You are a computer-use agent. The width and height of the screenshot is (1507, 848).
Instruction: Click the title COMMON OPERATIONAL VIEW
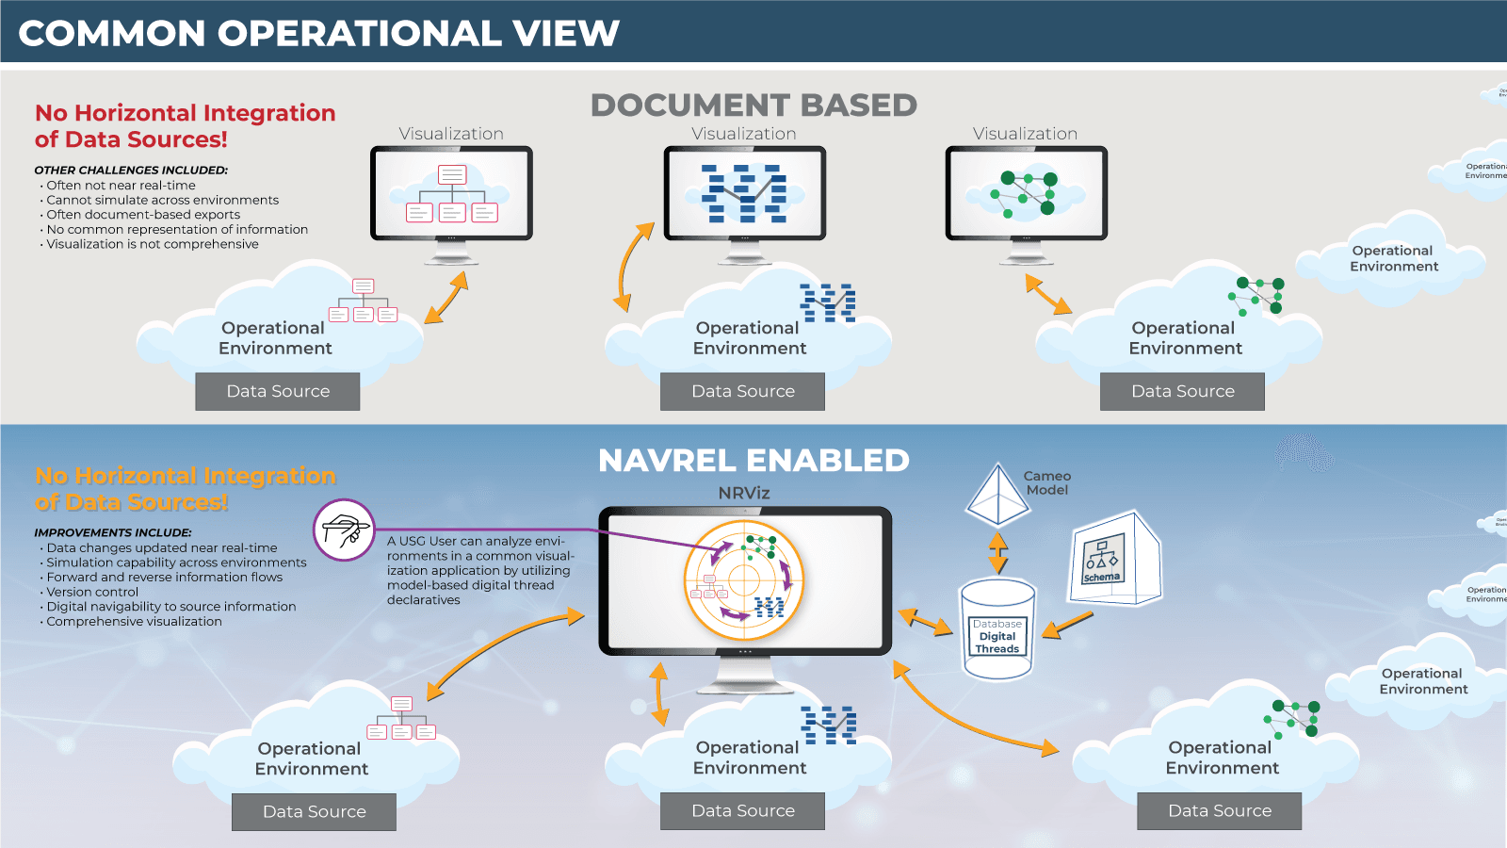tap(318, 34)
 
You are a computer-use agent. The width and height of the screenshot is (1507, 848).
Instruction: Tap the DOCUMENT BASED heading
tap(753, 106)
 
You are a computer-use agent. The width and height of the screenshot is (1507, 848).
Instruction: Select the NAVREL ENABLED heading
tap(753, 461)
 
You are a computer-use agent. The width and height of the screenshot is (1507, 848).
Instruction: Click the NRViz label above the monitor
tap(744, 493)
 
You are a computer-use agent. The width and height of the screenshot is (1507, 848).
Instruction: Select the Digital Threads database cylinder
tap(997, 628)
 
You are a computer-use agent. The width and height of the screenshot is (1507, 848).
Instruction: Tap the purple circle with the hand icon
tap(344, 530)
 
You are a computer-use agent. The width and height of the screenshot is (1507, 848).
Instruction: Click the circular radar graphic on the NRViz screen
tap(744, 580)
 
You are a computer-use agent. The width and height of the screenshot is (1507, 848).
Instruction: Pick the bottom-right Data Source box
tap(1219, 810)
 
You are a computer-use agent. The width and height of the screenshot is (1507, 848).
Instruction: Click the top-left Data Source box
tap(278, 391)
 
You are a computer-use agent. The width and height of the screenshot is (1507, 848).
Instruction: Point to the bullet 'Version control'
tap(92, 592)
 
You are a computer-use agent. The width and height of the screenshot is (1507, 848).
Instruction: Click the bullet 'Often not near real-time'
tap(121, 186)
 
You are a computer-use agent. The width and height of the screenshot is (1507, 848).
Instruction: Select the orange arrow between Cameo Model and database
tap(997, 553)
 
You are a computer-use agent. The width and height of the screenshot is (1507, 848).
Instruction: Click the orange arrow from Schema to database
tap(1068, 626)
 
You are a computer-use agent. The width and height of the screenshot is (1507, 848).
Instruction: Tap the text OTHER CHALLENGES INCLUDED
tap(131, 171)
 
